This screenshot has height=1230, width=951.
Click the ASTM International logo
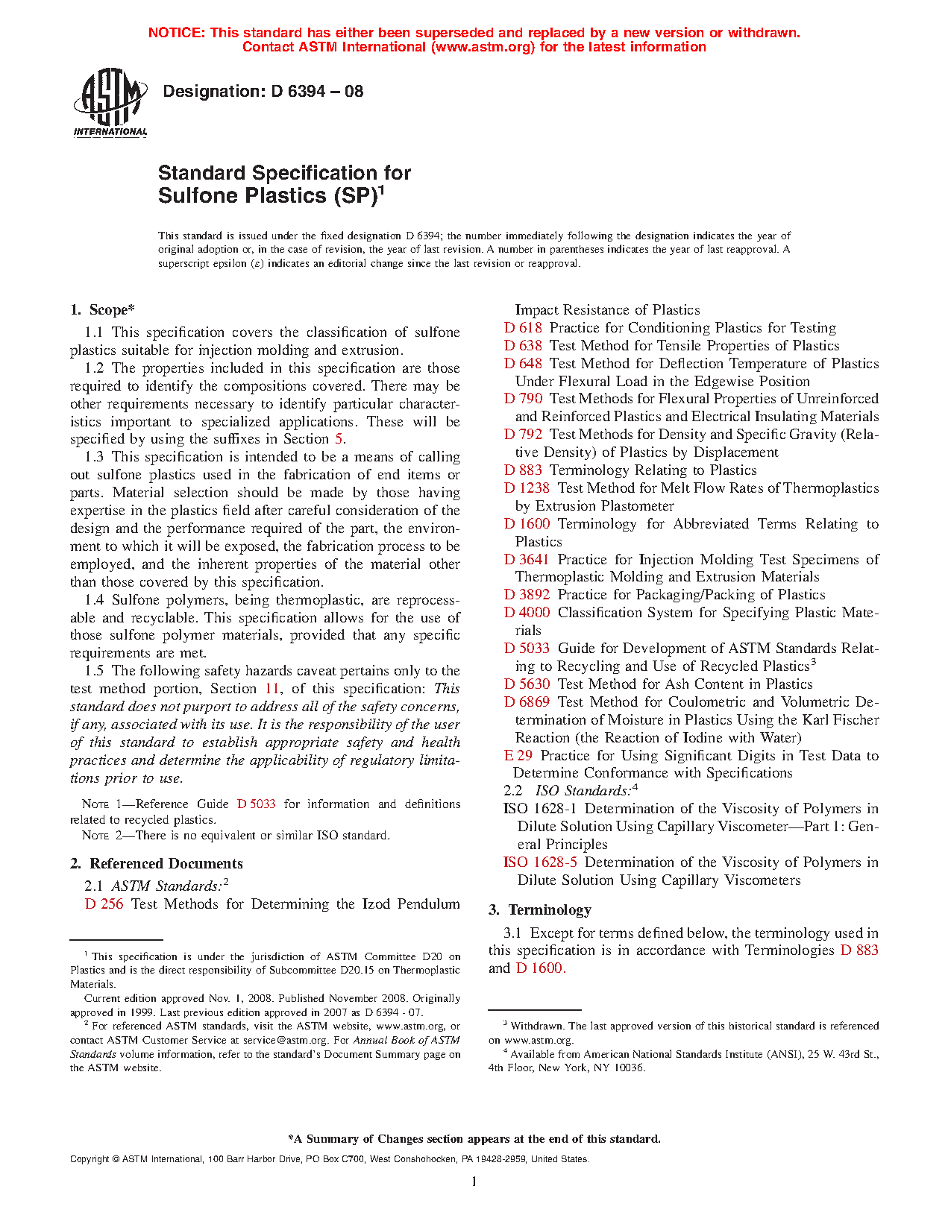tap(110, 102)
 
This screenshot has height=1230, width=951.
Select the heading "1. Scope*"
tap(102, 310)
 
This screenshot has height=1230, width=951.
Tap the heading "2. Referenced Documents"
tap(157, 864)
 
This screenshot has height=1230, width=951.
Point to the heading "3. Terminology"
tap(540, 910)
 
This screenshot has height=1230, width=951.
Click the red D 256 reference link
tap(104, 904)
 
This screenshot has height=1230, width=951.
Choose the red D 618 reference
tap(523, 328)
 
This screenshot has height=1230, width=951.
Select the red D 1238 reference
tap(527, 488)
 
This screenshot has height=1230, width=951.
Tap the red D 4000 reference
tap(527, 613)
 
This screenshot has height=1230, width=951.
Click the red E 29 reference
tap(518, 756)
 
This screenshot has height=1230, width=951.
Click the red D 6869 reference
tap(527, 702)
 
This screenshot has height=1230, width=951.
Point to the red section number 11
tap(272, 689)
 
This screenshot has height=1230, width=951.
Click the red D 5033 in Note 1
tap(256, 804)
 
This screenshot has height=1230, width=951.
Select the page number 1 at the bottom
tap(474, 1182)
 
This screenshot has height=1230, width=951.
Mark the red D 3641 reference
tap(527, 560)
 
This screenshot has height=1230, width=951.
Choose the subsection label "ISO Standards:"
tap(583, 791)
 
